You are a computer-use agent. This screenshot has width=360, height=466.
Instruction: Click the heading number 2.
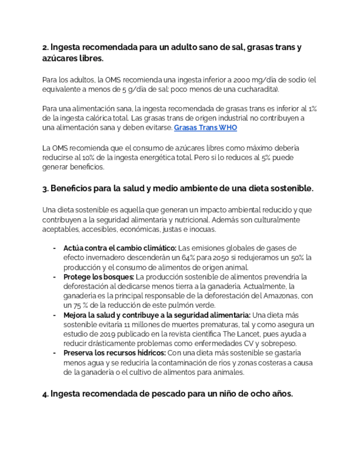[45, 48]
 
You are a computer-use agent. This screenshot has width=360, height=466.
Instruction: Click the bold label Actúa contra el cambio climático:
[120, 248]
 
